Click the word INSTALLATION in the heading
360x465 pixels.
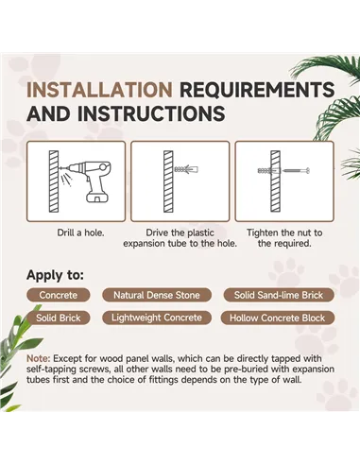tap(99, 90)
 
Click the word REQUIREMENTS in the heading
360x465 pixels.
tap(257, 90)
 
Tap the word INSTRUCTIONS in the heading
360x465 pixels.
tap(151, 113)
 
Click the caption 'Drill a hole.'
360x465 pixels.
tap(80, 232)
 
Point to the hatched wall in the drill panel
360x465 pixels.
tap(54, 181)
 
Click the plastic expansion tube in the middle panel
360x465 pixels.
tap(186, 169)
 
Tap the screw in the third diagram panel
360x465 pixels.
tap(297, 171)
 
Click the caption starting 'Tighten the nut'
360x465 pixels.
tap(284, 238)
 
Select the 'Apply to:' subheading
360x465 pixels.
tap(55, 275)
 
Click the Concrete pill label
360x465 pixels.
tap(59, 295)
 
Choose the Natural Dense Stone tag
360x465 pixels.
tap(157, 295)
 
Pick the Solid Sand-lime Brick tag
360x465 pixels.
tap(279, 295)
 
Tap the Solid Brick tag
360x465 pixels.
tap(59, 318)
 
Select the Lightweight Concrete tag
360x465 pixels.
tap(157, 318)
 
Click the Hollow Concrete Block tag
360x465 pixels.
tap(277, 318)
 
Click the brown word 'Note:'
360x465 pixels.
tap(39, 358)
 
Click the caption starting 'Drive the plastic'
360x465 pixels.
tap(180, 238)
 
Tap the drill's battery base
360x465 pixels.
tap(98, 198)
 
